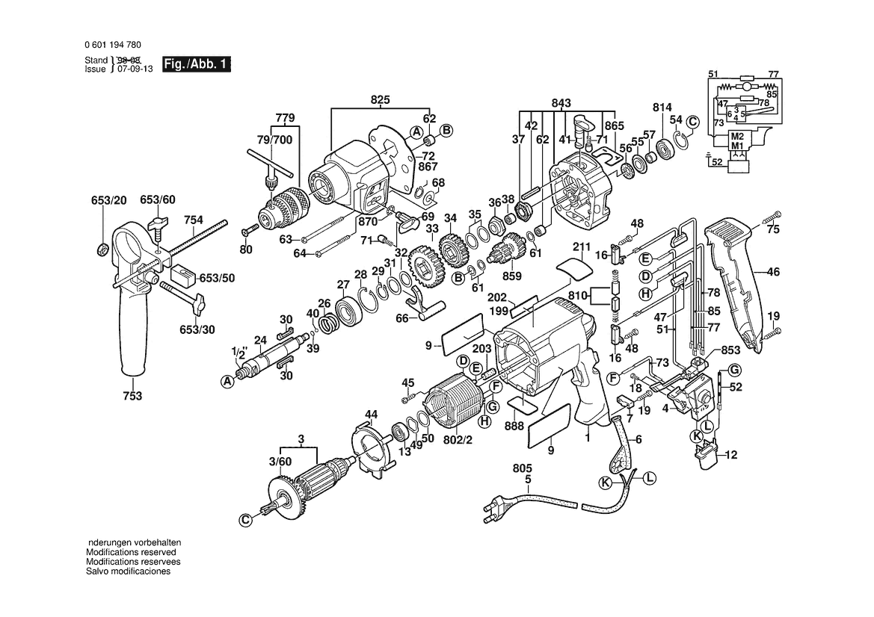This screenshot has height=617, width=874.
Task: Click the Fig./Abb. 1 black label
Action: [x=196, y=64]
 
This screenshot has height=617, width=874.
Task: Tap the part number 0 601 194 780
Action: [x=113, y=45]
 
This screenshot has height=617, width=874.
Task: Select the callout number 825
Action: [x=380, y=100]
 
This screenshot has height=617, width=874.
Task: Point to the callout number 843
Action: [x=561, y=103]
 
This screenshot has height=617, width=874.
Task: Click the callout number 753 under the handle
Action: [x=132, y=397]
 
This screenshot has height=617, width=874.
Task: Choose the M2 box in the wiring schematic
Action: [x=737, y=137]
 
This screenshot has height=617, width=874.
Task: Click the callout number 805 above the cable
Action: [x=523, y=469]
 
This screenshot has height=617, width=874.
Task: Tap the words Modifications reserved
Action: [x=123, y=553]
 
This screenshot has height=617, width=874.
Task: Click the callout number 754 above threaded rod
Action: [x=194, y=220]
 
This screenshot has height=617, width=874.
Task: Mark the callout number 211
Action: [x=582, y=247]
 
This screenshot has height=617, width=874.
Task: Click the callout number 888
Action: [x=514, y=427]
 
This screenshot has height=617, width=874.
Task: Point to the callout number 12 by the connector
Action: [x=732, y=455]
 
